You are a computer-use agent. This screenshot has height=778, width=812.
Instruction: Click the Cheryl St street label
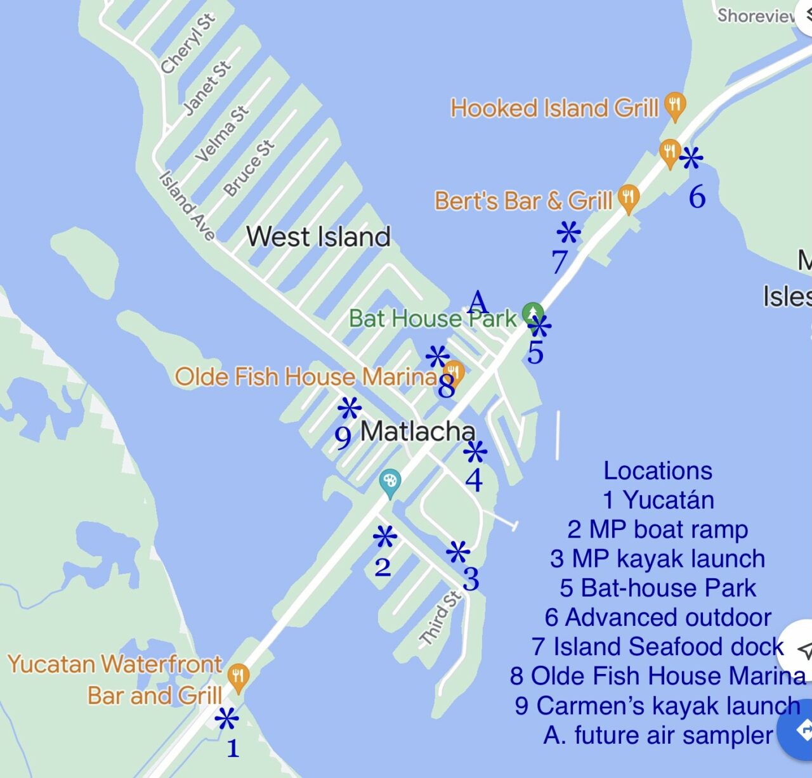(x=188, y=43)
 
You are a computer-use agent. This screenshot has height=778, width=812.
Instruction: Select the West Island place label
(x=318, y=237)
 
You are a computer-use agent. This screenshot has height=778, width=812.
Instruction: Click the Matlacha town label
(x=417, y=432)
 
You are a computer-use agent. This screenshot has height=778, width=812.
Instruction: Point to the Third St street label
(x=440, y=618)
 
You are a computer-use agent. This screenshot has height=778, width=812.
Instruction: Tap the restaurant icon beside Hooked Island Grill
(x=675, y=106)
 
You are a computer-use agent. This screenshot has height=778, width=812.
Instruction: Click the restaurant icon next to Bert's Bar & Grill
(x=628, y=198)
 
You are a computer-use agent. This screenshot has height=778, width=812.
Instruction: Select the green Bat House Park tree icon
(x=532, y=313)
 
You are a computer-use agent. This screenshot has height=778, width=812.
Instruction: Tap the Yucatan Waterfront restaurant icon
(x=238, y=677)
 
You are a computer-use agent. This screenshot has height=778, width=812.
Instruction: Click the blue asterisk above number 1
(x=226, y=720)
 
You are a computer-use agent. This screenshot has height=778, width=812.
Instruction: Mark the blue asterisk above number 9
(x=350, y=409)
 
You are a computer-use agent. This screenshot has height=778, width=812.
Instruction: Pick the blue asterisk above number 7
(x=568, y=233)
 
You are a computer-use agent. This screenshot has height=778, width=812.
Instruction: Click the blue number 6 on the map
(x=697, y=197)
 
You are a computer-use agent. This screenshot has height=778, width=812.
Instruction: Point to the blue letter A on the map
(x=478, y=302)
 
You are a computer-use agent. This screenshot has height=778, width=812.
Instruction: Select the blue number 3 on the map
(x=471, y=579)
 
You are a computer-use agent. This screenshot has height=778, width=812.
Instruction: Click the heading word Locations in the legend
(x=658, y=470)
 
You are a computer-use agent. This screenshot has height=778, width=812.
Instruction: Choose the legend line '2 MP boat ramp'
(x=658, y=529)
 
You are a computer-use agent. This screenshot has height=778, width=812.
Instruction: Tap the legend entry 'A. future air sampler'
(x=658, y=735)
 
